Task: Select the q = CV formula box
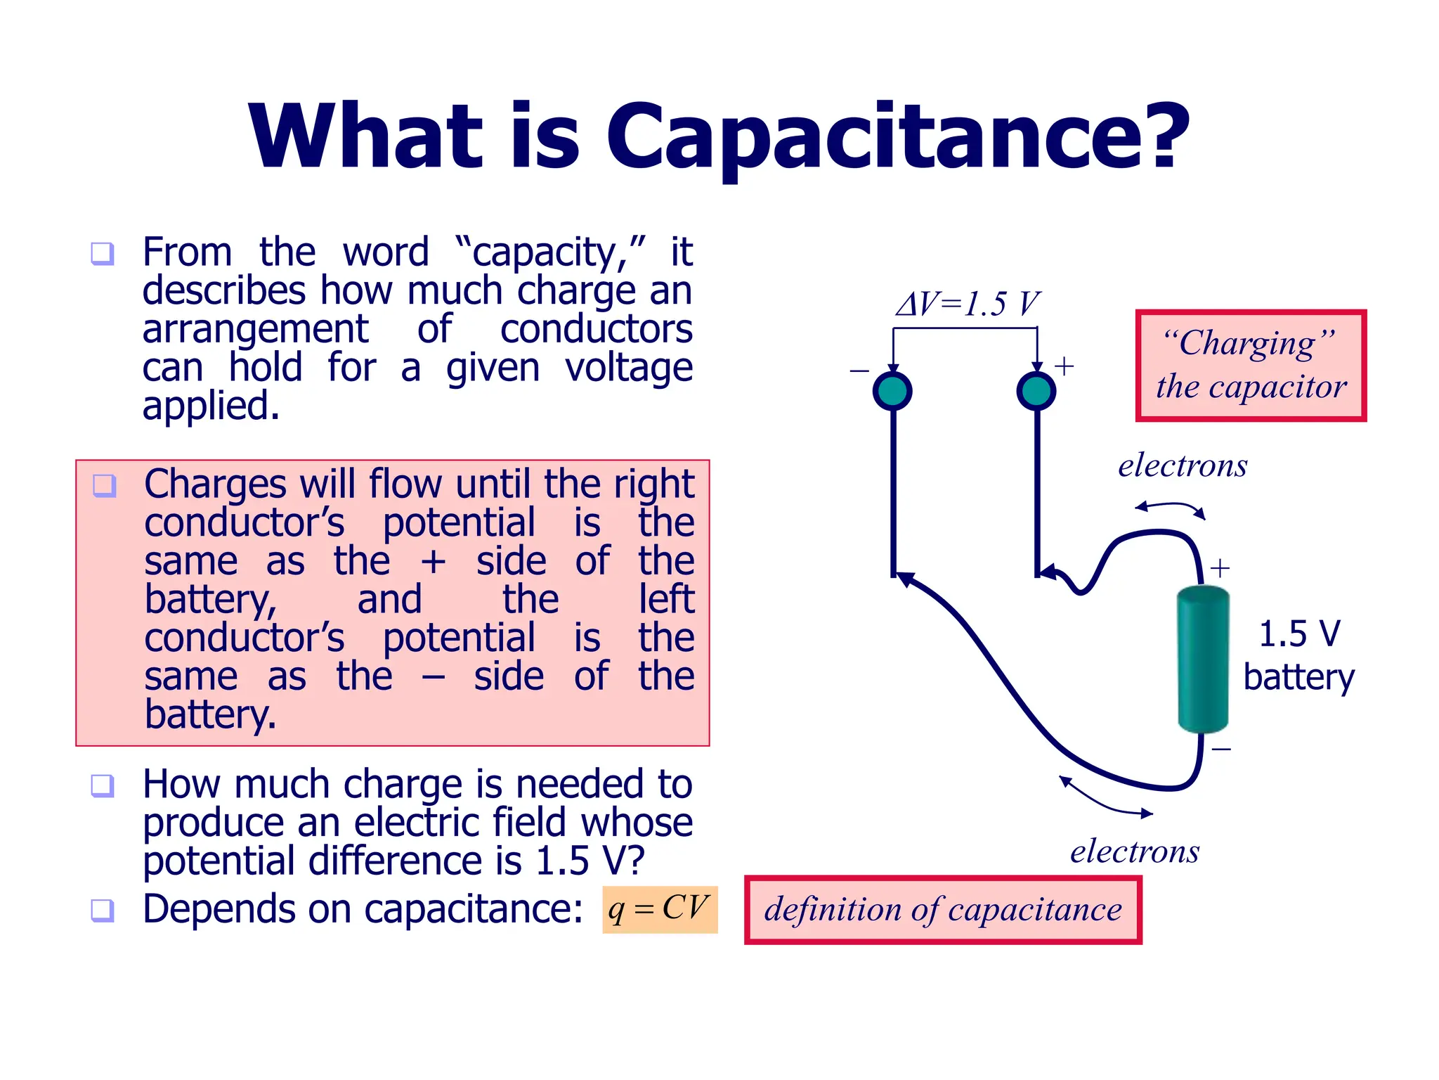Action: click(659, 909)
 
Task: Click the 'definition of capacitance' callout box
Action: click(943, 910)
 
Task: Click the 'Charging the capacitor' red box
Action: click(1251, 366)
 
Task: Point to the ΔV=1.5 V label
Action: click(967, 304)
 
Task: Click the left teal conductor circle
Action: click(892, 391)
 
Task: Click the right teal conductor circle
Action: click(1036, 391)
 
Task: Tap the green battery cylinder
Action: click(1203, 660)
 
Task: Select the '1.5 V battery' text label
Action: click(1298, 655)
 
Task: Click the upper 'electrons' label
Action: click(1183, 465)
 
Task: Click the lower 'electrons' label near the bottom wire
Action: click(1135, 851)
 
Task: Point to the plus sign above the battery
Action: click(1220, 567)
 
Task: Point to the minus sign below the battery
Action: click(1221, 750)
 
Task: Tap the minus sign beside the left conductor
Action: click(859, 371)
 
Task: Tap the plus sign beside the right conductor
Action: click(1064, 366)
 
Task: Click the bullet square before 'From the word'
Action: click(103, 253)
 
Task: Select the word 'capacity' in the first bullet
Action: click(544, 253)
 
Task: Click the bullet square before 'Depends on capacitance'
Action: click(103, 910)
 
